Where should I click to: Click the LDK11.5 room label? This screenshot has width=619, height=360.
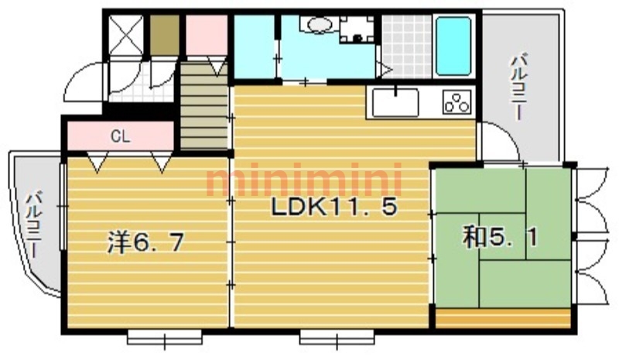pos(333,207)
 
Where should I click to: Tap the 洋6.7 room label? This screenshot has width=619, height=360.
pos(146,242)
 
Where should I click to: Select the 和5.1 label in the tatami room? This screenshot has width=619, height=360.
pos(501,238)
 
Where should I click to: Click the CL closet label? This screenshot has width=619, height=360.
pos(121,137)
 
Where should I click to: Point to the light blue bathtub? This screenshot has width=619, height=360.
pos(453,46)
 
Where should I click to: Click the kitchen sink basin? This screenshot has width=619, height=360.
pos(395,102)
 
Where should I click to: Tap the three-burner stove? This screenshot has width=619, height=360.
pos(457,102)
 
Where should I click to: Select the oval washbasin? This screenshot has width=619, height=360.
pos(319,26)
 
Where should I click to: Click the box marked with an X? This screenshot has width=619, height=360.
pos(125,35)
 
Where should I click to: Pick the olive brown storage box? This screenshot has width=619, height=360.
pos(164,35)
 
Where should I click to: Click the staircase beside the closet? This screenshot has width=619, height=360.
pos(204,107)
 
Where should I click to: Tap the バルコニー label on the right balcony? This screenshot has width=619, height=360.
pos(518,87)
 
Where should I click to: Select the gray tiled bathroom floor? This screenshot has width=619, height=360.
pos(407,46)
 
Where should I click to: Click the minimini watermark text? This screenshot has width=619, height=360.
pos(303,180)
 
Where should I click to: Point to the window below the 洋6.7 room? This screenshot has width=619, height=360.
pos(165,337)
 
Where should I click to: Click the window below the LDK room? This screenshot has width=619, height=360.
pos(337,337)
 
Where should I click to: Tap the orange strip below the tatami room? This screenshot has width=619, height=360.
pos(503,318)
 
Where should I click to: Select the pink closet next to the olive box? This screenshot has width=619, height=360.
pos(207,35)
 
